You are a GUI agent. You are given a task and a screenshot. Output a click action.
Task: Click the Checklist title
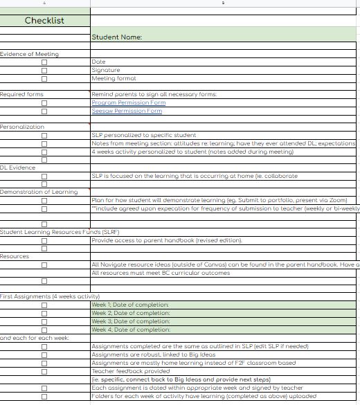click(x=44, y=21)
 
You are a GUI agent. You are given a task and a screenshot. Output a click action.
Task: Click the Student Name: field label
click(x=117, y=37)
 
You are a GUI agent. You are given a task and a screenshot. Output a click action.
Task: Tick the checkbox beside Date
click(x=45, y=62)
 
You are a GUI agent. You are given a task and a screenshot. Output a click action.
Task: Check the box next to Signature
click(x=45, y=71)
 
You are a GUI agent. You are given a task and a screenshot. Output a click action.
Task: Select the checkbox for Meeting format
click(x=45, y=79)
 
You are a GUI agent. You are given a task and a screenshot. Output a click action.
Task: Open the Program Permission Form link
click(x=129, y=102)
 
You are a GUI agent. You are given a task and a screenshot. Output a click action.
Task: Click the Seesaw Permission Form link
click(x=127, y=111)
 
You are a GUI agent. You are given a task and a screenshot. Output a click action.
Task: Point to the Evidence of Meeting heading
click(x=30, y=54)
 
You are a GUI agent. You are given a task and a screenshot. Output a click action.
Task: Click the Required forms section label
click(x=21, y=94)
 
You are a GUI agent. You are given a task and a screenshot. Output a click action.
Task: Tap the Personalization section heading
click(x=22, y=127)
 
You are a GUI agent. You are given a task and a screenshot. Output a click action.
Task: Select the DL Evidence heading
click(x=17, y=168)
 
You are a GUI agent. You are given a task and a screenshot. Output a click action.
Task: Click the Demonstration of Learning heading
click(x=39, y=192)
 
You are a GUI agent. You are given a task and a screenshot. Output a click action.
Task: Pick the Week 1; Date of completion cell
click(x=131, y=305)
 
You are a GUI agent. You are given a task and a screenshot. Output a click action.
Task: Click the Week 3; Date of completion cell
click(x=131, y=322)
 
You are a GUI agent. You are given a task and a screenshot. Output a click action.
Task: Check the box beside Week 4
click(x=45, y=330)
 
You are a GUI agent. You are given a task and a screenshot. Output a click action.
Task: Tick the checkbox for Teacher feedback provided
click(x=45, y=372)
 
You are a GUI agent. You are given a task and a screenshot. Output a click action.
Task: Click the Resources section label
click(x=15, y=256)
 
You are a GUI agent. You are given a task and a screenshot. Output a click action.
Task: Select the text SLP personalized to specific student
click(x=144, y=135)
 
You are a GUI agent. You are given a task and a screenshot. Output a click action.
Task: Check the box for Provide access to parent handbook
click(x=45, y=240)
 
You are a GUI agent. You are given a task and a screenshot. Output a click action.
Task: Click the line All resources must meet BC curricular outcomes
click(x=161, y=273)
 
